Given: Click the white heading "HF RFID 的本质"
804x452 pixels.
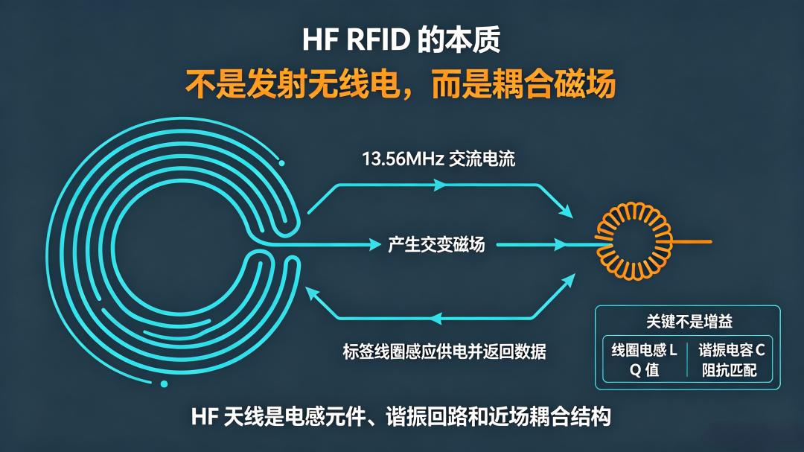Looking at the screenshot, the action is click(401, 40).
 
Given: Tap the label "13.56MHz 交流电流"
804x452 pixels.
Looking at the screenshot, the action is click(438, 159).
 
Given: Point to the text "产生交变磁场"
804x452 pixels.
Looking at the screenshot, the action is click(435, 245).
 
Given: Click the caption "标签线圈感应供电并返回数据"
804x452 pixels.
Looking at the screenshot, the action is click(444, 351).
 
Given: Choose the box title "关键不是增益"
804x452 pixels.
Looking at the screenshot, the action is click(689, 322).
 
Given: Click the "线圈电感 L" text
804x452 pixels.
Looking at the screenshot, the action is click(644, 351).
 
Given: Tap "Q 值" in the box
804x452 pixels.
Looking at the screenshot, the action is click(644, 370).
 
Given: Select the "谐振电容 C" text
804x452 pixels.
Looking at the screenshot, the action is click(732, 351).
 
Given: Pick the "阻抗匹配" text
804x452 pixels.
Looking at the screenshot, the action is click(729, 370).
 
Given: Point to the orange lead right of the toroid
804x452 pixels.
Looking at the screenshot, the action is click(692, 242).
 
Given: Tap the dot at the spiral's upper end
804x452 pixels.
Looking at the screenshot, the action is click(281, 163).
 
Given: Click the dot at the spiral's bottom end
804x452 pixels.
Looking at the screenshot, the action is click(164, 383).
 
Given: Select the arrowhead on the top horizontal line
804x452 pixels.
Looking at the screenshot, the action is click(440, 185).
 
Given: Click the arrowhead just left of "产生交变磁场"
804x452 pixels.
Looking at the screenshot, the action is click(375, 245).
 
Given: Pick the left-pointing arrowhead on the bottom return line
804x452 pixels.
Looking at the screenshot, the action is click(435, 319).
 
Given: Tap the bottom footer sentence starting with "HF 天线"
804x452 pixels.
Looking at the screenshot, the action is click(401, 416).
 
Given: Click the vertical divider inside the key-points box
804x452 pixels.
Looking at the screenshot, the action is click(687, 359).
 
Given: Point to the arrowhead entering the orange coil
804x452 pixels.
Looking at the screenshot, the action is click(561, 245).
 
